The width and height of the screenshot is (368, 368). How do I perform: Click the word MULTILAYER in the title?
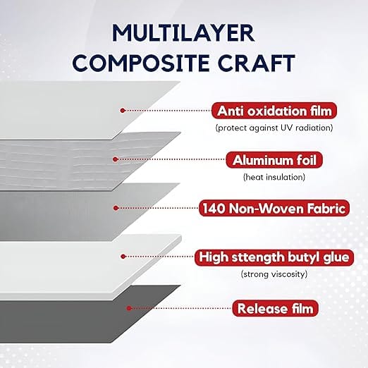coord(183,33)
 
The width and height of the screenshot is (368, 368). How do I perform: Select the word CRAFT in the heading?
coord(257,63)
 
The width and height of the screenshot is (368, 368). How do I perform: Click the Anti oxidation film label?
coord(274,111)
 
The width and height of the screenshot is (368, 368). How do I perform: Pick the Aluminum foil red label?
coord(274,160)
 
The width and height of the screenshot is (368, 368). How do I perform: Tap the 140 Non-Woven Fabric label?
coord(274,208)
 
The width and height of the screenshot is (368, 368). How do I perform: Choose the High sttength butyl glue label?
coord(274,257)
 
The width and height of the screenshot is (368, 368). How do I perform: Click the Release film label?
coord(275,308)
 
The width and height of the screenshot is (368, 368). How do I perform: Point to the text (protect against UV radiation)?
coord(274,128)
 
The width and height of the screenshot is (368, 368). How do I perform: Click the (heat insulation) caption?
coord(274,177)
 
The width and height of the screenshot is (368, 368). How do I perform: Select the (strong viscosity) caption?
coord(274,274)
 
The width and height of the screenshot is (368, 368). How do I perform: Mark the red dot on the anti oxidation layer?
coord(122,110)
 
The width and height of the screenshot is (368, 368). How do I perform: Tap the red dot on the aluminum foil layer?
coord(115,159)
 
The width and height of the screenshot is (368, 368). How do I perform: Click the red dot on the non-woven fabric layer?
coord(116,208)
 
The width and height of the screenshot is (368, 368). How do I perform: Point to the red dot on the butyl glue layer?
coord(123,257)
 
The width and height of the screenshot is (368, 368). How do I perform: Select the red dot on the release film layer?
coord(128,308)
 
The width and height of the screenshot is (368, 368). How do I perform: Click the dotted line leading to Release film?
coord(181,308)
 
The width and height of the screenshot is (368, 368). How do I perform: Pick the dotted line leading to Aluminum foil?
coord(171,159)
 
